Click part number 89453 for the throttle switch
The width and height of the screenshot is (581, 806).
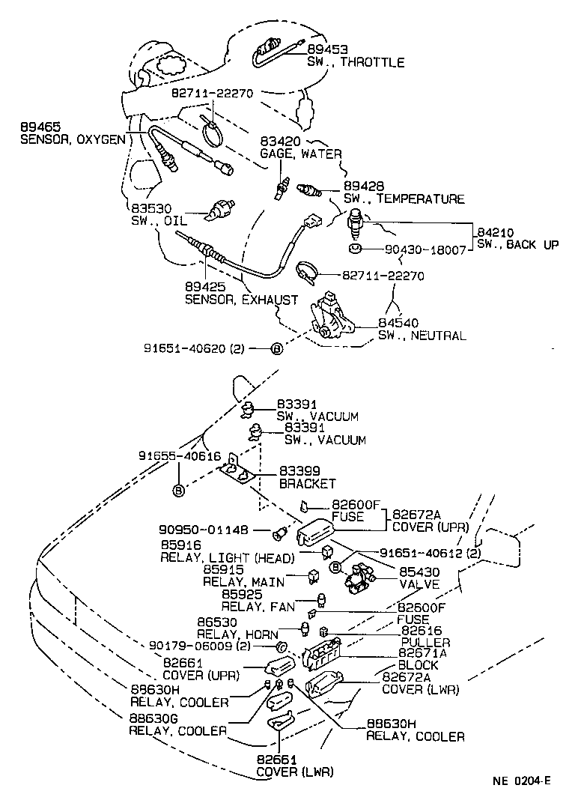click(326, 49)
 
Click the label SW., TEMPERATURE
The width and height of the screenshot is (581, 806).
click(404, 199)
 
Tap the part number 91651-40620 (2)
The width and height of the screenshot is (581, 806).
click(194, 348)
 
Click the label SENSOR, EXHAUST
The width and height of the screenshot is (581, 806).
click(241, 300)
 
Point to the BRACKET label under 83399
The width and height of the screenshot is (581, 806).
click(308, 483)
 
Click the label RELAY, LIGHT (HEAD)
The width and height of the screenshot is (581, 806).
click(228, 558)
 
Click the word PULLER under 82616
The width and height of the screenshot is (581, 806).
click(425, 643)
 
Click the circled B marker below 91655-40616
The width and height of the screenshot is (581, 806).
click(179, 491)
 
